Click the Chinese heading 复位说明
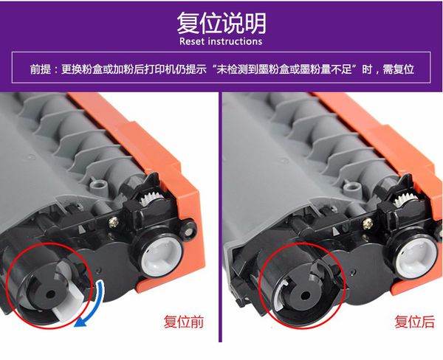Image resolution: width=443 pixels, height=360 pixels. point(221,23)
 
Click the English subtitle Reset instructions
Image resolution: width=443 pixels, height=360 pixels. point(221,41)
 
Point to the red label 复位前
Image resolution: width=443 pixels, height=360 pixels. point(184,322)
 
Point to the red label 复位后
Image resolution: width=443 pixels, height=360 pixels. point(414,322)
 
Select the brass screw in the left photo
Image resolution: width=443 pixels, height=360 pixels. point(113,221)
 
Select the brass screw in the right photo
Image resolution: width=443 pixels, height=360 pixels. point(368,223)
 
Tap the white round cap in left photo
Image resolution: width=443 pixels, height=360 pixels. point(162,257)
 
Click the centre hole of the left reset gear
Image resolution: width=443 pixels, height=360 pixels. point(51,294)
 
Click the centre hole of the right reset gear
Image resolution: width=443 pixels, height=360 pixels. point(305,296)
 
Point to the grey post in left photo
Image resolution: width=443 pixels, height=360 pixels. point(98,186)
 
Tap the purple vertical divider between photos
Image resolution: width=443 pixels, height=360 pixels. point(220,217)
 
